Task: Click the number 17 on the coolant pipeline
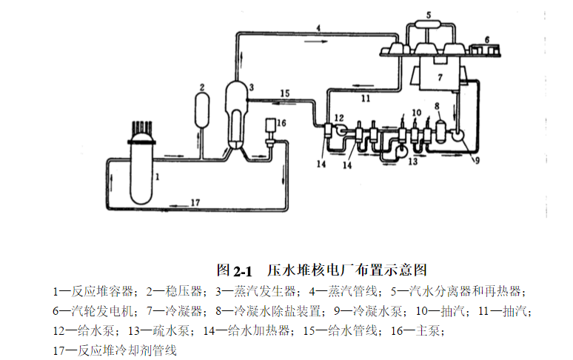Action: click(195, 202)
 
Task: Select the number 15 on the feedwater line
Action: click(285, 93)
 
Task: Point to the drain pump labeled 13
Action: click(401, 150)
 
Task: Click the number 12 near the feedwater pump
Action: click(338, 117)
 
